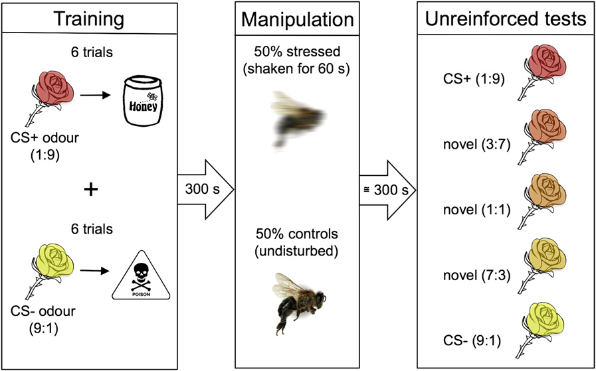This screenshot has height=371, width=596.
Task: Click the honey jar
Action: pos(144,102)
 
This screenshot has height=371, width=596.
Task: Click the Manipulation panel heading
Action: pos(298,19)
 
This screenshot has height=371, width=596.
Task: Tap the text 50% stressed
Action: pos(298,53)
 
